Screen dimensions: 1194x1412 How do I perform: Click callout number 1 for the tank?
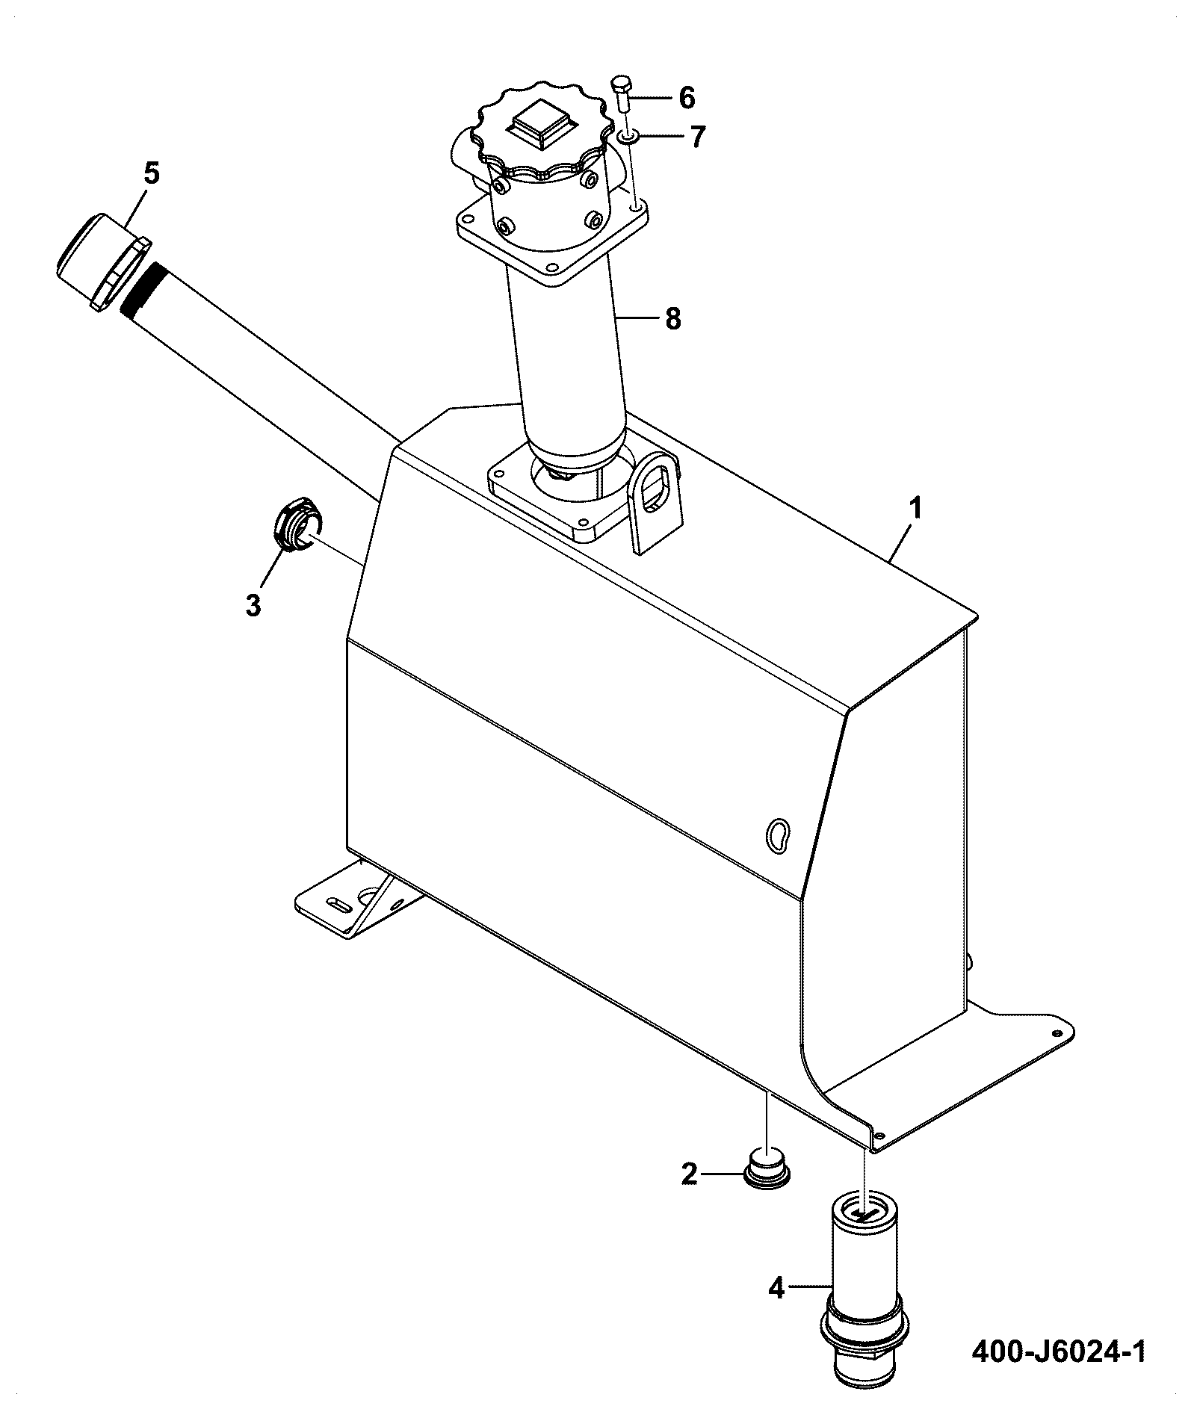pyautogui.click(x=914, y=510)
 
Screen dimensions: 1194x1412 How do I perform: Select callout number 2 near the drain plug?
pyautogui.click(x=689, y=1175)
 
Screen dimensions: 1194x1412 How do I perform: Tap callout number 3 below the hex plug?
pyautogui.click(x=253, y=604)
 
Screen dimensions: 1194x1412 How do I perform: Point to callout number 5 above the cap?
pyautogui.click(x=152, y=173)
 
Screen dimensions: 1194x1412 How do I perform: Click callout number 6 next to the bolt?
pyautogui.click(x=686, y=98)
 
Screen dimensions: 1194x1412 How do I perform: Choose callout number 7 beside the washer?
pyautogui.click(x=697, y=137)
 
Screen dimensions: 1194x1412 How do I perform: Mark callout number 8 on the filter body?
pyautogui.click(x=672, y=320)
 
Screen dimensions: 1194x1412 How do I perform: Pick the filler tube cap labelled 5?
pyautogui.click(x=103, y=261)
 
